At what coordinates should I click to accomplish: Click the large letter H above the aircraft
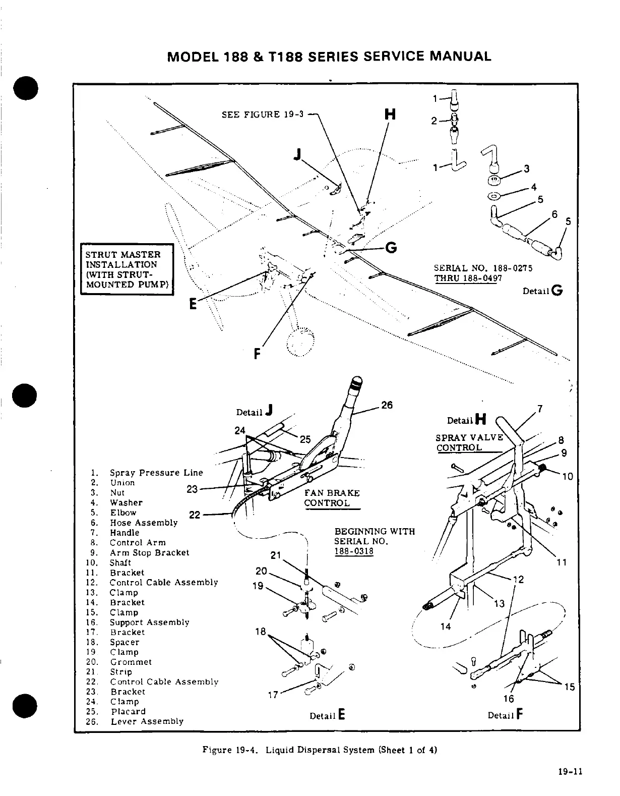(390, 115)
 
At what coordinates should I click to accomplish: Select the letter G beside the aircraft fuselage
(391, 248)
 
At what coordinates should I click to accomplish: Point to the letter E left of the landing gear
(192, 305)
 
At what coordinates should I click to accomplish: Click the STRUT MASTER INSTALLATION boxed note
(128, 269)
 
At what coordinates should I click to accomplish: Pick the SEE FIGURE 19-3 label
(263, 114)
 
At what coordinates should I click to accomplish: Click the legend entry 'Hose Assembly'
(144, 523)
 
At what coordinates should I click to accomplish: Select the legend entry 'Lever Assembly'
(147, 721)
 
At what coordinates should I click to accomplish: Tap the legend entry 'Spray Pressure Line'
(156, 473)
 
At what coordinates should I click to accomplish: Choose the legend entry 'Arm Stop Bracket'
(149, 552)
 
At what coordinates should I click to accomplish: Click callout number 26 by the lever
(387, 405)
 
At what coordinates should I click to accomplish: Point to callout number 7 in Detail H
(540, 409)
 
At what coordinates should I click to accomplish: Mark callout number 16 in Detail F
(509, 699)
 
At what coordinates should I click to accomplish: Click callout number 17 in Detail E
(273, 695)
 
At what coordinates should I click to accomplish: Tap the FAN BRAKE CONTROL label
(332, 498)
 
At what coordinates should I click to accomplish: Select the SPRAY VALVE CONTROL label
(469, 442)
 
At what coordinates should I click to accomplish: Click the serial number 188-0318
(354, 551)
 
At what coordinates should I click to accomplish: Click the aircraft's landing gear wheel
(300, 343)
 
